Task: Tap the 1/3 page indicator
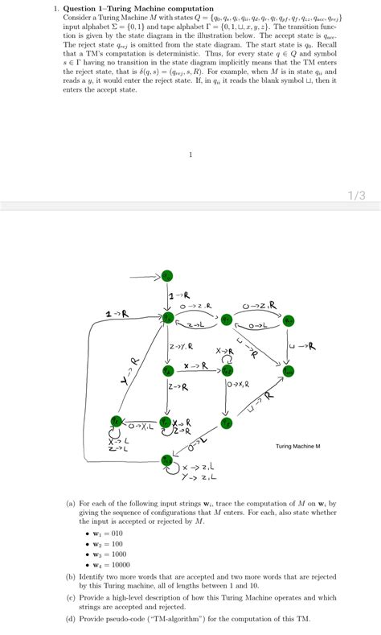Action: [357, 195]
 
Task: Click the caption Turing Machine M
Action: [298, 446]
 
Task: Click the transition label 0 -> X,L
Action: [141, 426]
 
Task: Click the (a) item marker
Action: [72, 503]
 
